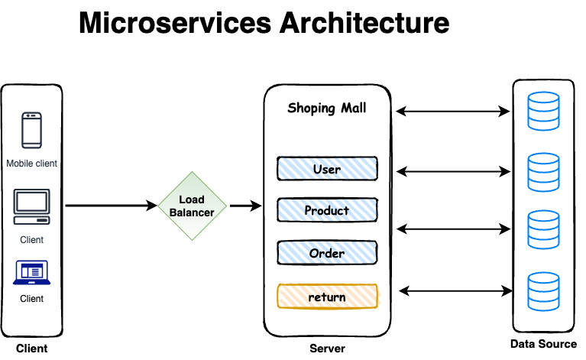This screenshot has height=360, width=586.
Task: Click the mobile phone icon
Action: coord(31,130)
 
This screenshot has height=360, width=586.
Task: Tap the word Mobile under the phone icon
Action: coord(21,164)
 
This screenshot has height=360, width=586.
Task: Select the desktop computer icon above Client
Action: coord(31,206)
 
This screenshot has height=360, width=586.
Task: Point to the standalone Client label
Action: coord(31,240)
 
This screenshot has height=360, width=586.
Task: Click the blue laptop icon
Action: coord(31,272)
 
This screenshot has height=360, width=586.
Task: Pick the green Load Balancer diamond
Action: coord(192,206)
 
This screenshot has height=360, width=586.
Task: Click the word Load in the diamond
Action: coord(192,199)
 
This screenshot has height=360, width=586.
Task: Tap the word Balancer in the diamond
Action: coord(192,212)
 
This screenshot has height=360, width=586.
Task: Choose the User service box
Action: coord(327,168)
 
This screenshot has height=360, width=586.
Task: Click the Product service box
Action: coord(327,210)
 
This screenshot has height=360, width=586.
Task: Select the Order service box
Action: coord(327,253)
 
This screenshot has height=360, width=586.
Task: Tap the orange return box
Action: coord(327,297)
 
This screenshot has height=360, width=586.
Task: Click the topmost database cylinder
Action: coord(543,111)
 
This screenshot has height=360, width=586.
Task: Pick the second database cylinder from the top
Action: coord(543,172)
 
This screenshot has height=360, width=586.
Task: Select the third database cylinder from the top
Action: coord(543,229)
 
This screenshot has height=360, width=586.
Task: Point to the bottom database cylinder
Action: coord(543,290)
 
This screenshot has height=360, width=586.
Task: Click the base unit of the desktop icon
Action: coord(31,220)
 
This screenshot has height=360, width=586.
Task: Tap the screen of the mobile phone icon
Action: coord(31,130)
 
